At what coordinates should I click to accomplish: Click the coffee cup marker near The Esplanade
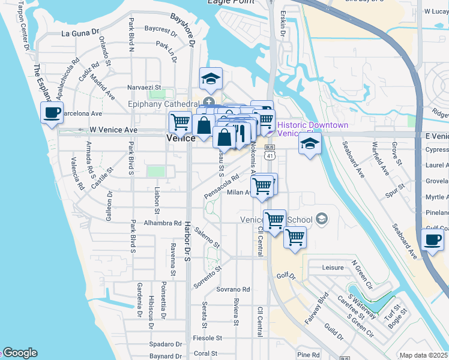click(x=52, y=112)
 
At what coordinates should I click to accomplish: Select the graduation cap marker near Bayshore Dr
click(x=211, y=79)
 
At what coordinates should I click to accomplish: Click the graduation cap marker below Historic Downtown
click(x=310, y=143)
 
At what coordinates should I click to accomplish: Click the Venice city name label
click(x=180, y=138)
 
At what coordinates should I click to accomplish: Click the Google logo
click(x=20, y=353)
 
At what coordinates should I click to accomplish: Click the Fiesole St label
click(x=206, y=338)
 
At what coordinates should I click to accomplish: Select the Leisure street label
click(x=333, y=268)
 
